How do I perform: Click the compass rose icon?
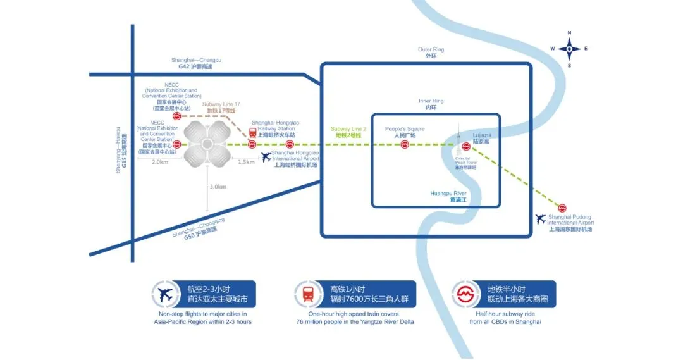pyautogui.click(x=569, y=49)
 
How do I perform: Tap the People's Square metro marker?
pyautogui.click(x=404, y=146)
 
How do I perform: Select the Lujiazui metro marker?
pyautogui.click(x=466, y=146)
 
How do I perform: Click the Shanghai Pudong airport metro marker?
pyautogui.click(x=562, y=208)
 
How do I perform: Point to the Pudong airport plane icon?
pyautogui.click(x=540, y=220)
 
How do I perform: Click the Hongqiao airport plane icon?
pyautogui.click(x=266, y=158)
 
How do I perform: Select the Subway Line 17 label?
pyautogui.click(x=221, y=107)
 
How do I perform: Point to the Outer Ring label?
pyautogui.click(x=431, y=53)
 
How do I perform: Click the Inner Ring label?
pyautogui.click(x=431, y=104)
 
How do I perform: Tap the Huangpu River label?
pyautogui.click(x=448, y=196)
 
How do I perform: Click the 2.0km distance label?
pyautogui.click(x=160, y=163)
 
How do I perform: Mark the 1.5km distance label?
pyautogui.click(x=246, y=163)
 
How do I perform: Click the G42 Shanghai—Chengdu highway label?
pyautogui.click(x=196, y=63)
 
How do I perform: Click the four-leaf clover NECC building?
pyautogui.click(x=207, y=145)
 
